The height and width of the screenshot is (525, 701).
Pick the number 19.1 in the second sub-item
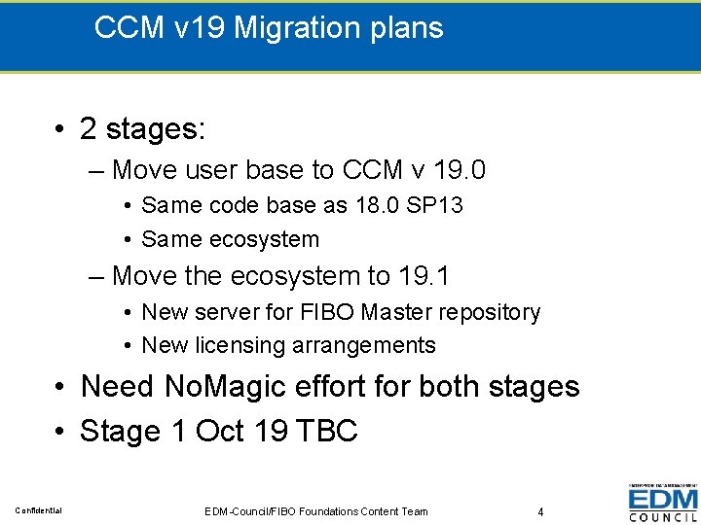424,276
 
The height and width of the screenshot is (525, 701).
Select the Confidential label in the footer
39,511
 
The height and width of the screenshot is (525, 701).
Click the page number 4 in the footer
540,511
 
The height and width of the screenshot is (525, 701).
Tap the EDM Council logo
662,504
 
